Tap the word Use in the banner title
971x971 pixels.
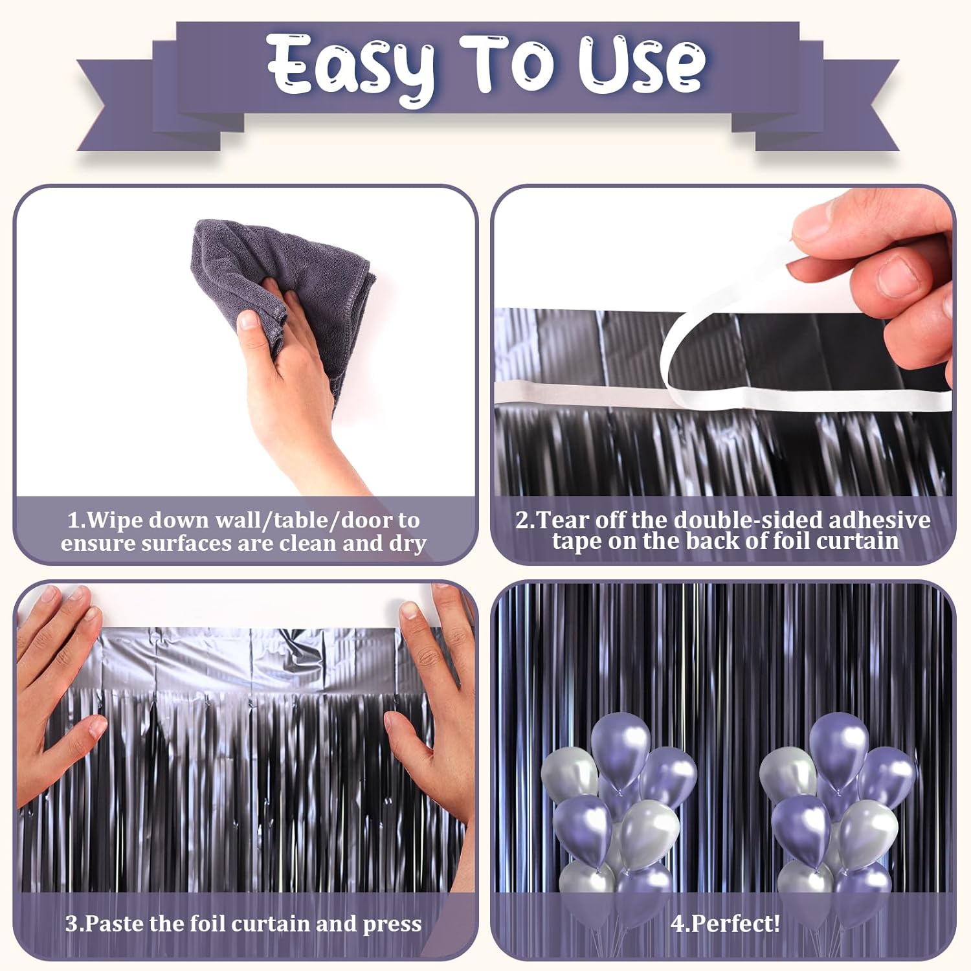point(641,65)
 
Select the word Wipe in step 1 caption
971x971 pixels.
point(117,520)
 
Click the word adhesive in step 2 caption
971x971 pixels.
point(879,520)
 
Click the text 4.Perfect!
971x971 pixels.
point(725,924)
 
